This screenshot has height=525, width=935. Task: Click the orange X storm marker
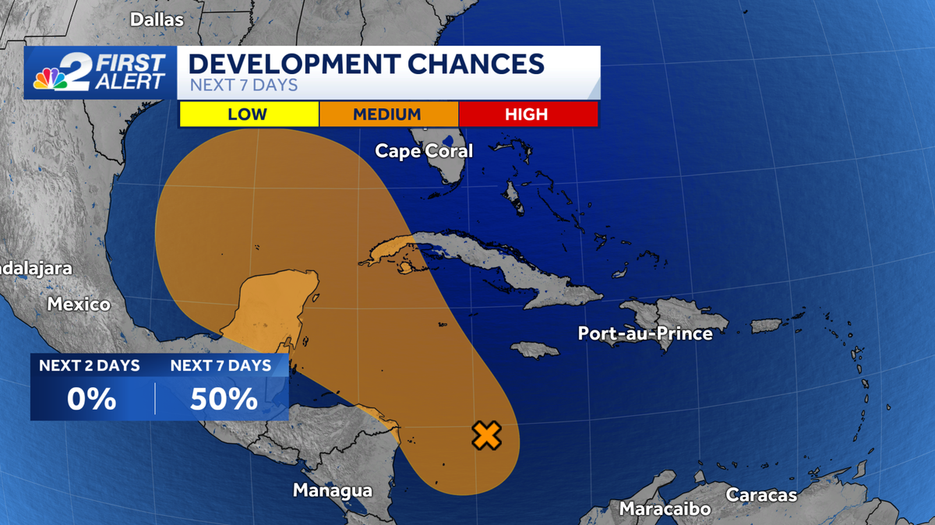point(486,435)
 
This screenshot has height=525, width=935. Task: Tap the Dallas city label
point(157,19)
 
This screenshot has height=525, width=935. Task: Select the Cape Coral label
point(424,150)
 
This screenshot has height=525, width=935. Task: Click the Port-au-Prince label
point(645,333)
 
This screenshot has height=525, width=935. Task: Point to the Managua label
point(333,491)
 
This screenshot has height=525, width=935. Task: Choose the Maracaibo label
point(665,509)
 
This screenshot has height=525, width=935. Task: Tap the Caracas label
point(761,495)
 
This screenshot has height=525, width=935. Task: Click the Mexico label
point(79,304)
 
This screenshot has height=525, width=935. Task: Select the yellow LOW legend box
point(248,115)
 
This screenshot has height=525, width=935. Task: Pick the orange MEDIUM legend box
point(387,115)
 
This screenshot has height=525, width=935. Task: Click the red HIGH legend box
point(527,115)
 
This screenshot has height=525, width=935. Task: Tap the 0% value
point(91,399)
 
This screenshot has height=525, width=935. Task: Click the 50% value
point(224,399)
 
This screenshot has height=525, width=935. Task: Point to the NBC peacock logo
point(51,78)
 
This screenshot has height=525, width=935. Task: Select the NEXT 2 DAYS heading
point(90,365)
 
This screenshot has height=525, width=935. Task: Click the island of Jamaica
point(535,350)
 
